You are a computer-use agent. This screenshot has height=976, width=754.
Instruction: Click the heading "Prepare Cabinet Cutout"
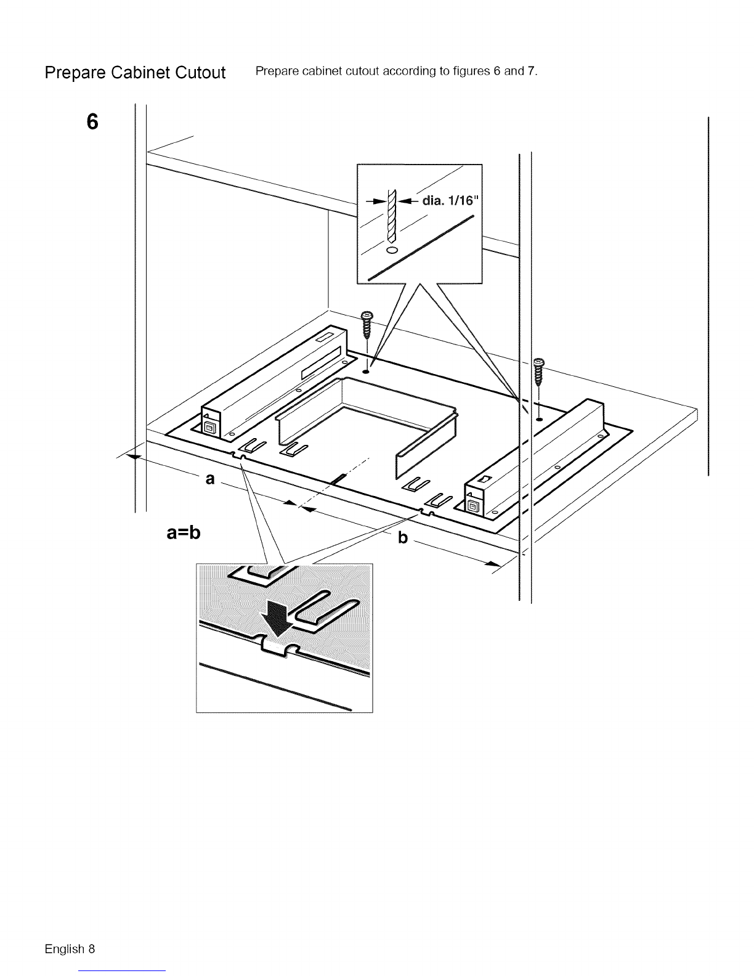click(x=135, y=73)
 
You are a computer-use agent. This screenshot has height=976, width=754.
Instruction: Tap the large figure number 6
click(x=92, y=122)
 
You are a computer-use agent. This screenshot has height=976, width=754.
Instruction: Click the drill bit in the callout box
click(x=392, y=216)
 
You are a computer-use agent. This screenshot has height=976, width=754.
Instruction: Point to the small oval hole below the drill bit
click(x=392, y=250)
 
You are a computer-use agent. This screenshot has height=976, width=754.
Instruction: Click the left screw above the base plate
click(x=368, y=325)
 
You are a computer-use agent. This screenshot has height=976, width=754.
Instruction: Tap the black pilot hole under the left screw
click(x=366, y=372)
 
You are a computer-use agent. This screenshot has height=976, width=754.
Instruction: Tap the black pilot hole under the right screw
click(x=540, y=419)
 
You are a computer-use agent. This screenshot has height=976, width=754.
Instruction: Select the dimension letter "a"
click(x=209, y=479)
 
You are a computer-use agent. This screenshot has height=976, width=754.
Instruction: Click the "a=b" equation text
click(x=183, y=532)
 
